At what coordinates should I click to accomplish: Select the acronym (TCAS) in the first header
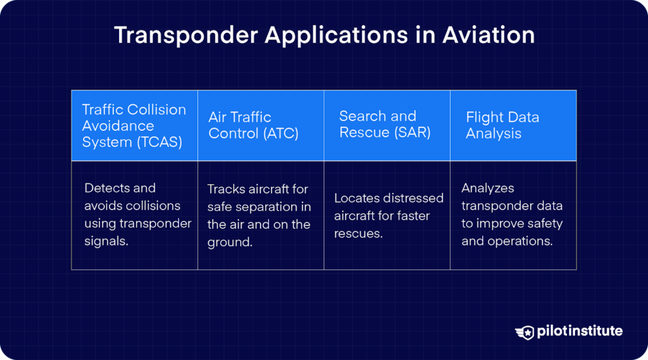coord(159,142)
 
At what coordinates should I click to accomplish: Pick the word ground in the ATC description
coord(229,242)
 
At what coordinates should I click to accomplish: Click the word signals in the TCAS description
coord(106,241)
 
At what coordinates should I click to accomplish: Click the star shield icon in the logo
coord(525,332)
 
